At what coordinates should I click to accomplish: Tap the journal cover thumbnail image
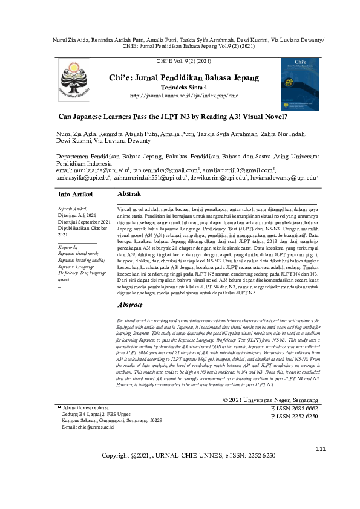pyautogui.click(x=299, y=84)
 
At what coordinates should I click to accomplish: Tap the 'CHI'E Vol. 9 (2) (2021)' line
pyautogui.click(x=184, y=62)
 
